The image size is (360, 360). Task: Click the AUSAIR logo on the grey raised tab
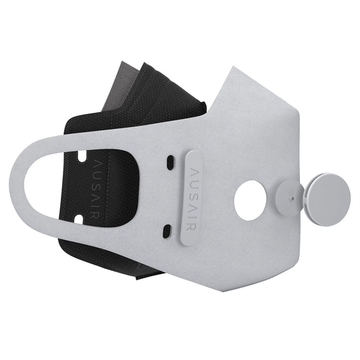194,196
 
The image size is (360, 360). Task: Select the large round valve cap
328,196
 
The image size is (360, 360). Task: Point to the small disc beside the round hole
288,198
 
